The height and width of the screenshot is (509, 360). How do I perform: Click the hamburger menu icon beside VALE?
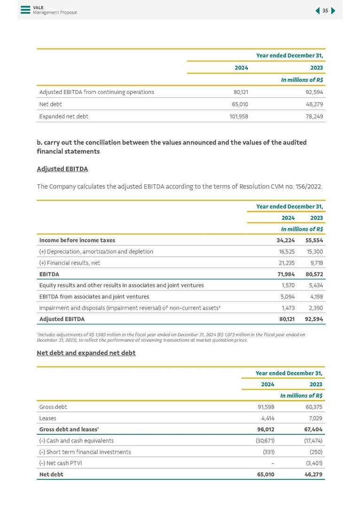point(25,10)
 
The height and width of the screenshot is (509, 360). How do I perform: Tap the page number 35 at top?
point(325,11)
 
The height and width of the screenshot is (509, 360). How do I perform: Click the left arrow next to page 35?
point(317,11)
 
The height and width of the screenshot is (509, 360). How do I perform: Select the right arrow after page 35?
point(333,11)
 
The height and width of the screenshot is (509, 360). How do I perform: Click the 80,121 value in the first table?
point(241,92)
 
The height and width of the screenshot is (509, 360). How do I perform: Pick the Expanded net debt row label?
point(64,116)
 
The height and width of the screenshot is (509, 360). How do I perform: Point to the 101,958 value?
point(239,116)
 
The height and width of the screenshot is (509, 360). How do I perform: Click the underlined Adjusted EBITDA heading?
point(62,169)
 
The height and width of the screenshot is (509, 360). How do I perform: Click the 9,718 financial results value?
point(315,263)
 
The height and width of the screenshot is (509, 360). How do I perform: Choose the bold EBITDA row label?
point(49,274)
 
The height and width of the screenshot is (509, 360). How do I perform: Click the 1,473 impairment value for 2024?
point(287,308)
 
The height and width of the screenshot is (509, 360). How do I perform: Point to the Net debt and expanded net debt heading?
point(86,353)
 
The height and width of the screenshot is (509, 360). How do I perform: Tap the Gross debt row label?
point(53,407)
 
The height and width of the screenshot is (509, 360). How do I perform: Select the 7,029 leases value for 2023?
point(314,418)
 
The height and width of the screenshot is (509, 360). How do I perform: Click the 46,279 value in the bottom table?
point(313,474)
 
